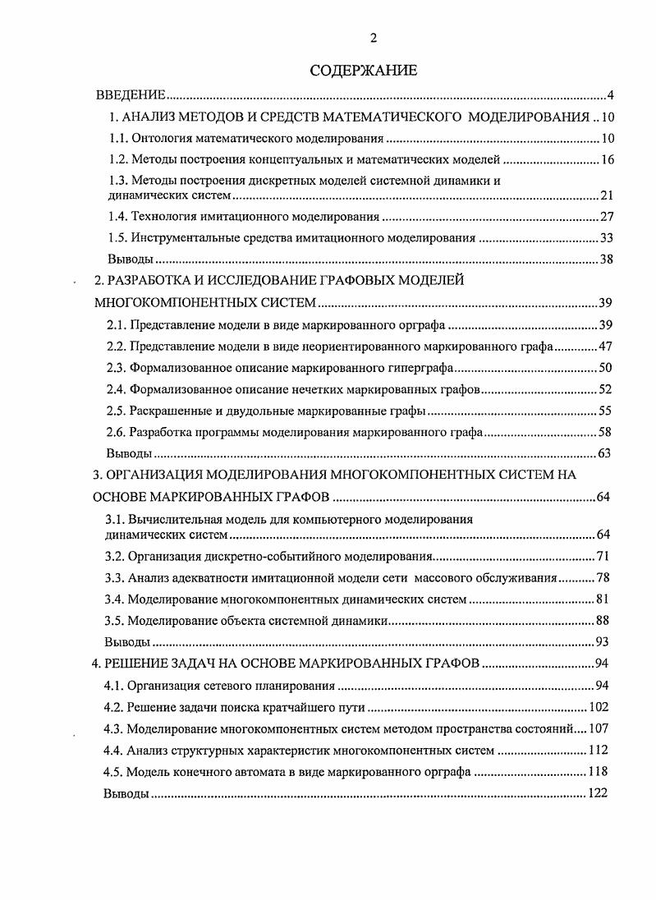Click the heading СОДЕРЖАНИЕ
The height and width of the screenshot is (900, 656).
coord(363,71)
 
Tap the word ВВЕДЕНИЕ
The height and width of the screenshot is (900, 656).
coord(131,96)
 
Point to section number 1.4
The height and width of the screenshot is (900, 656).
coord(121,217)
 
